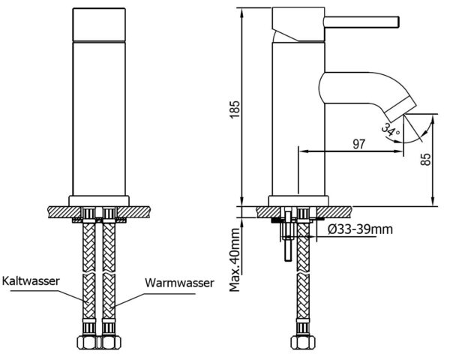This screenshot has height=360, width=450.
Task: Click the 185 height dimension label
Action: click(x=235, y=109)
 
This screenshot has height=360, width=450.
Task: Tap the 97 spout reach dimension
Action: click(x=358, y=144)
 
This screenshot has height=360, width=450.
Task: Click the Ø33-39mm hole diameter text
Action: click(x=360, y=229)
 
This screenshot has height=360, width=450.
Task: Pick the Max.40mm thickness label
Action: click(x=235, y=259)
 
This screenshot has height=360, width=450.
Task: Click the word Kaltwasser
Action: click(x=31, y=280)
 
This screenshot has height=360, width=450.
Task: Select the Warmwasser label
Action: click(x=179, y=283)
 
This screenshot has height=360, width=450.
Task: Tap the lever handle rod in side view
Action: click(x=361, y=22)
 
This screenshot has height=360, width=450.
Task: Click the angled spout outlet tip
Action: click(x=401, y=109)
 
